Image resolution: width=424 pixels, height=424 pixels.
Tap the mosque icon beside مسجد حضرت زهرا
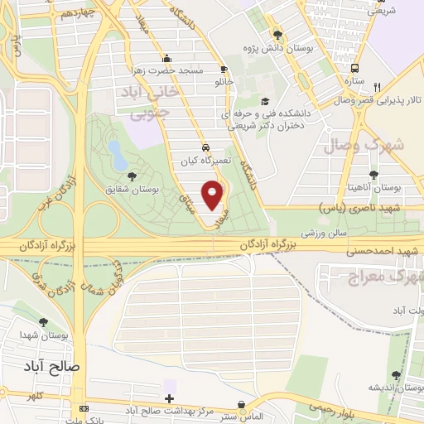167,58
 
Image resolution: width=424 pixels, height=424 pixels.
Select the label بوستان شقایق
132,189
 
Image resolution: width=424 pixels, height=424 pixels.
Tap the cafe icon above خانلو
223,70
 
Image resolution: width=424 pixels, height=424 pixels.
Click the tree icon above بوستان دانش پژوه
277,34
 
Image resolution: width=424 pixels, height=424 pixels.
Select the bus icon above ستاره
355,69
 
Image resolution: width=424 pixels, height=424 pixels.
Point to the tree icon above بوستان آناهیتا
375,174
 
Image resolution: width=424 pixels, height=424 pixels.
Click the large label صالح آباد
51,364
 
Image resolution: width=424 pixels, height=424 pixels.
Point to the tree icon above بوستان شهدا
43,322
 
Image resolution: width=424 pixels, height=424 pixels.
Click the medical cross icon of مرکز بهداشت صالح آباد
170,398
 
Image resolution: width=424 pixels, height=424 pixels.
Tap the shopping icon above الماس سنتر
240,405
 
